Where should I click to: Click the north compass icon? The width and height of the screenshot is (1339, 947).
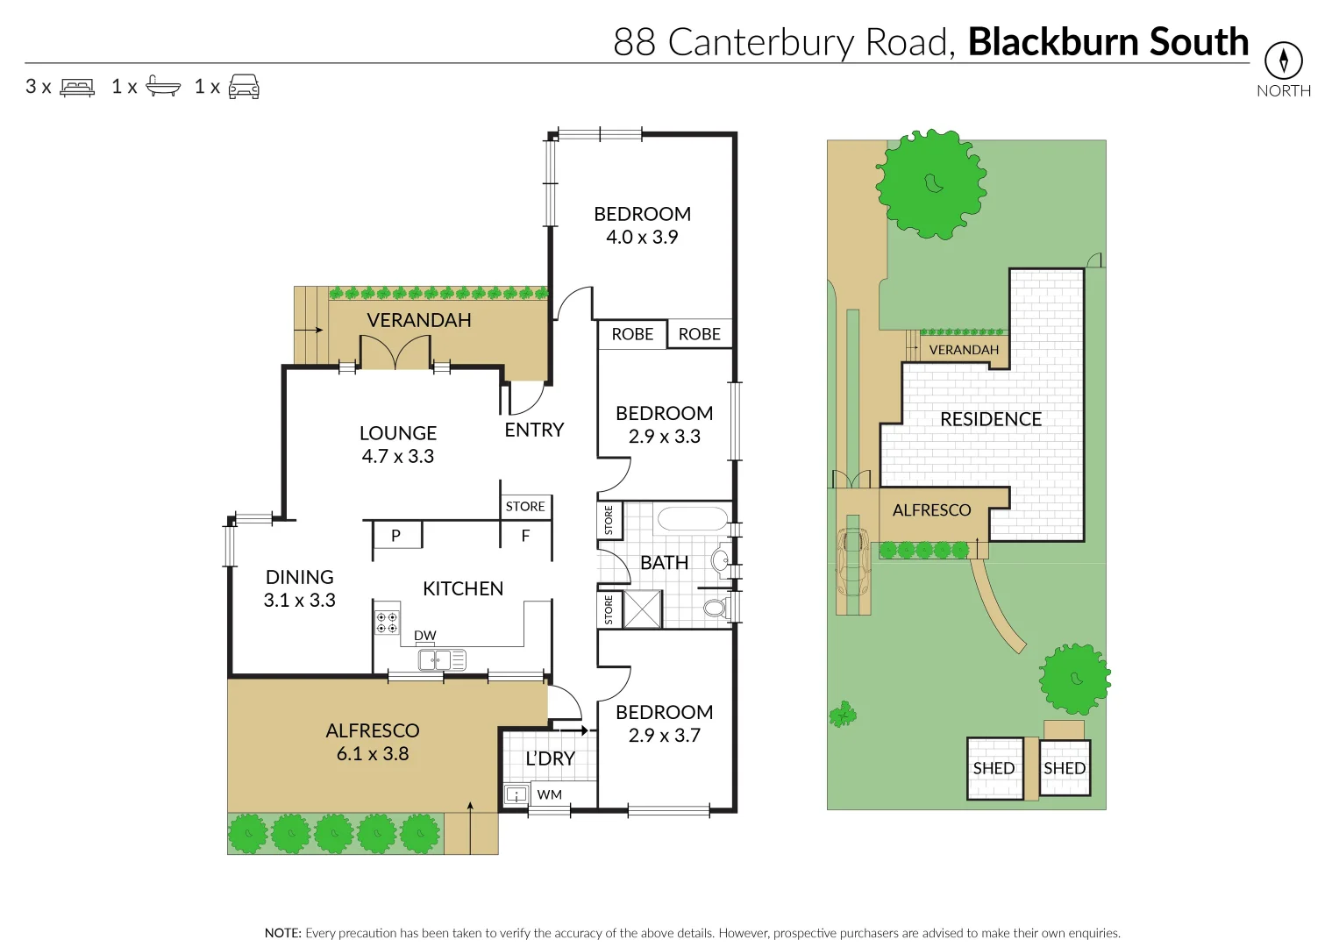1283,61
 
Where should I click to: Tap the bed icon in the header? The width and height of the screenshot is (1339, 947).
77,87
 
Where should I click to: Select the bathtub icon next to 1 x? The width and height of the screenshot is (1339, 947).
163,86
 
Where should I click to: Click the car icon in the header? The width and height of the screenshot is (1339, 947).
244,86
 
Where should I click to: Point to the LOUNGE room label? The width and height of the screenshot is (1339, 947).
397,433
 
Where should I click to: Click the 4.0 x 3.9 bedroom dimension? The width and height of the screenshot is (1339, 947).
642,238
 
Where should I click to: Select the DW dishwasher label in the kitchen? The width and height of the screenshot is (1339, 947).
425,636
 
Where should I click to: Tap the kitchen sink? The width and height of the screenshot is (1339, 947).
441,659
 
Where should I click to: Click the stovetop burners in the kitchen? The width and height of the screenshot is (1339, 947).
387,623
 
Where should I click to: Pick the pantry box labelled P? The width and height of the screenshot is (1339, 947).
396,535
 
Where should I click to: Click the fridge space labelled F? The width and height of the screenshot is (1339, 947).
525,536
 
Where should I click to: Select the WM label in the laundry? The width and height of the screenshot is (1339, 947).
550,794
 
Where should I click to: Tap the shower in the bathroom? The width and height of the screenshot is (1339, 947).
643,609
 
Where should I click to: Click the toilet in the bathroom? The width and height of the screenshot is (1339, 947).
716,607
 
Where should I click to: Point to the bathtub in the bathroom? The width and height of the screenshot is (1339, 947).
692,518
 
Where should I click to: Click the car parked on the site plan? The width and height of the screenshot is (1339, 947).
852,560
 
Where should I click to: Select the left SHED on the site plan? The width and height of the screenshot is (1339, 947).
994,768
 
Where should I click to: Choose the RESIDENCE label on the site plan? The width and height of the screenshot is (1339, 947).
991,419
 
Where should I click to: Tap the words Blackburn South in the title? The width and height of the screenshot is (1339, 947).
1108,42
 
